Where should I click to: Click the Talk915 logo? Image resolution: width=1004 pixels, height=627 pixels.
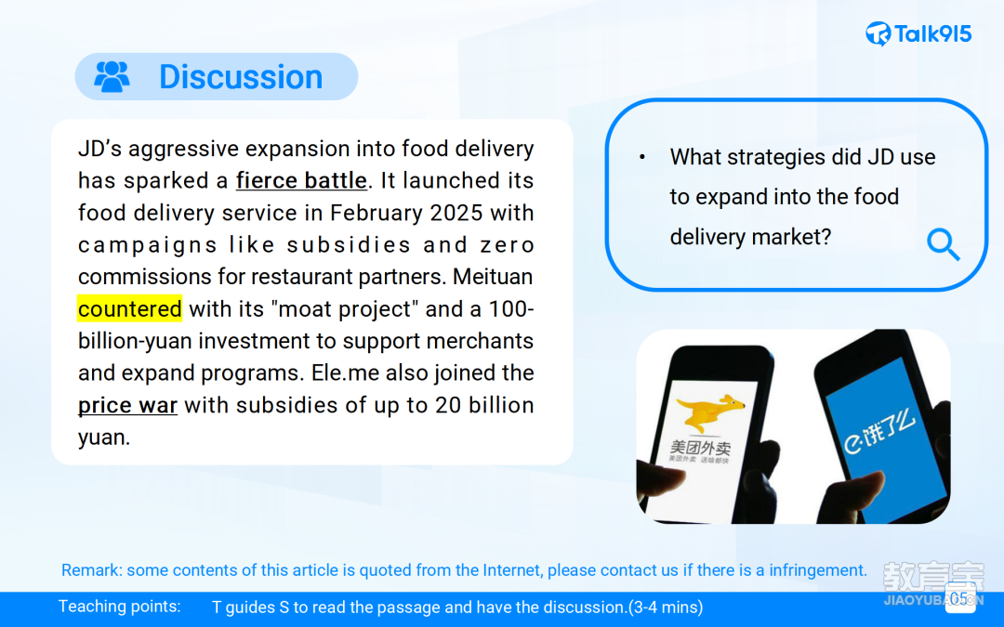point(918,33)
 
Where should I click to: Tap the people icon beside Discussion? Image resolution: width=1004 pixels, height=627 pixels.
point(112,76)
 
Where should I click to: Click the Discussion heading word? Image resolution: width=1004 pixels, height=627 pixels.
point(241,77)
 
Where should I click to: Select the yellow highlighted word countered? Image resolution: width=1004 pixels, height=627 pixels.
point(129,309)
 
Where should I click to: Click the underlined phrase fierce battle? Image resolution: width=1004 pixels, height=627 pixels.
point(301,180)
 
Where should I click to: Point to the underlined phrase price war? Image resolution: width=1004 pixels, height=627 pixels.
point(127,405)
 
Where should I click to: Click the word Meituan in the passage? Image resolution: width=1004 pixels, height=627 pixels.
point(493,277)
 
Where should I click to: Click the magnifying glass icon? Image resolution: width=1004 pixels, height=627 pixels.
point(944,244)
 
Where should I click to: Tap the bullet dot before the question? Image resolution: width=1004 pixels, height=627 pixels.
point(642,157)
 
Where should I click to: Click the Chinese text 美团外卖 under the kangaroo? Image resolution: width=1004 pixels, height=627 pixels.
point(701,447)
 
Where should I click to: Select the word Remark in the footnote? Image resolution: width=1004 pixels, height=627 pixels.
point(90,570)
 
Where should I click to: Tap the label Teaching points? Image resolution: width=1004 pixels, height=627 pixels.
point(120,607)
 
